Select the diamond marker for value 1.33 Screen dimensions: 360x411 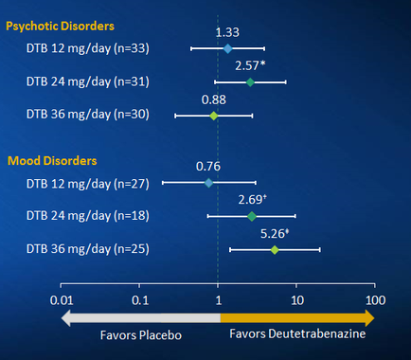[227, 47]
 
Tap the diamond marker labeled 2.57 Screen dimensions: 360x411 [250, 82]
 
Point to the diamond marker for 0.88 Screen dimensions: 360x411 [214, 116]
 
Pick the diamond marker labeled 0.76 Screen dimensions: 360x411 [208, 182]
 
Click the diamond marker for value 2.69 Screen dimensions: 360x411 [252, 216]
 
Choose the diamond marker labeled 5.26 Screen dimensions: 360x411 [275, 250]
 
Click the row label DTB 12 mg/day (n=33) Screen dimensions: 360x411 [100, 48]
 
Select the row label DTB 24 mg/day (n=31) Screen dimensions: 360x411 [100, 82]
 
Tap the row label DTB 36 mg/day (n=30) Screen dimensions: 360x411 [100, 116]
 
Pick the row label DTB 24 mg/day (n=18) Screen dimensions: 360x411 [100, 216]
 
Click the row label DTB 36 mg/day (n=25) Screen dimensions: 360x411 [100, 250]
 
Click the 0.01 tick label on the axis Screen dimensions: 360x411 [62, 301]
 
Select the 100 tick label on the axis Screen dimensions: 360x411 [376, 301]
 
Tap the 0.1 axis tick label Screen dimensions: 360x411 [140, 301]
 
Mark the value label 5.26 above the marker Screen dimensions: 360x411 [275, 233]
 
